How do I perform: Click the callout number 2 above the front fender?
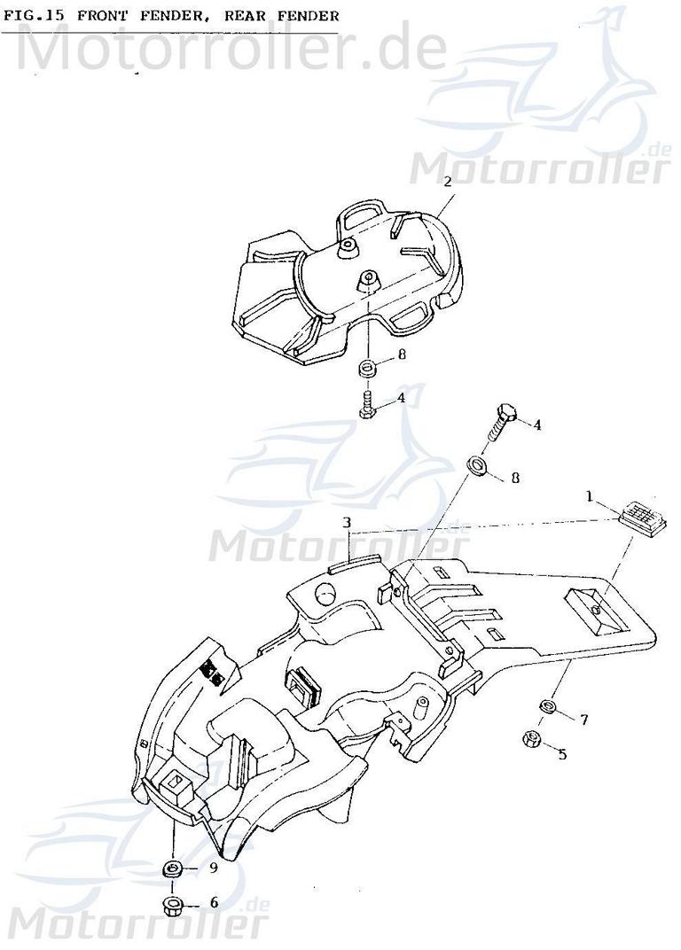pyautogui.click(x=448, y=181)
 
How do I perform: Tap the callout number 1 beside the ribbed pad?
pyautogui.click(x=589, y=497)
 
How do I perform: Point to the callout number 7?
pyautogui.click(x=584, y=720)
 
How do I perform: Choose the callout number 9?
pyautogui.click(x=213, y=868)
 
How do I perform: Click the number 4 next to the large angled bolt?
pyautogui.click(x=536, y=424)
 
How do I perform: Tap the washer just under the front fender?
pyautogui.click(x=367, y=367)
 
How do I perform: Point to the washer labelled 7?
pyautogui.click(x=549, y=706)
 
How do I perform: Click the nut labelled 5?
pyautogui.click(x=535, y=737)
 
